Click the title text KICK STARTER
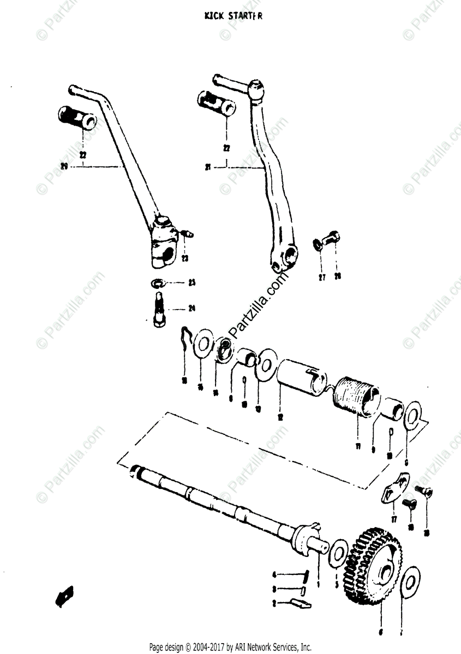pos(234,16)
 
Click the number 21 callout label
pos(208,167)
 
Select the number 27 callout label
pos(322,277)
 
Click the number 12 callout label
pos(279,417)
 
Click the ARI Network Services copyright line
pos(230,647)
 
